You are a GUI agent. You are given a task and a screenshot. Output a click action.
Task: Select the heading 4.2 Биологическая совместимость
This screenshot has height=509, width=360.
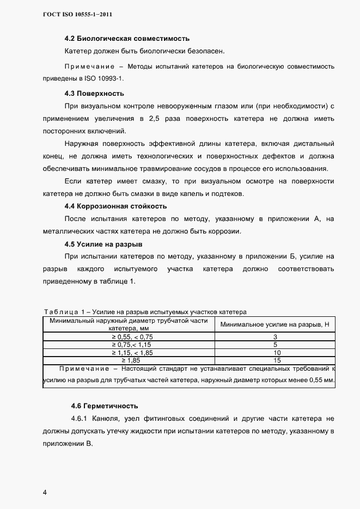(x=126, y=39)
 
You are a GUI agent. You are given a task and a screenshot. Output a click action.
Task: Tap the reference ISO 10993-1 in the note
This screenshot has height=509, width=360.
(x=112, y=78)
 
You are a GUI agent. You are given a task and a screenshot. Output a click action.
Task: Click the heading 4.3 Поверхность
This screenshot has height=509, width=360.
(x=94, y=93)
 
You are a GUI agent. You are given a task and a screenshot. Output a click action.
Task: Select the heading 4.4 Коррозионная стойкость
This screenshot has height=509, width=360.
(x=123, y=206)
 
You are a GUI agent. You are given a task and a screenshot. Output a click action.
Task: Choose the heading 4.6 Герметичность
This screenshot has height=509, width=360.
(x=105, y=406)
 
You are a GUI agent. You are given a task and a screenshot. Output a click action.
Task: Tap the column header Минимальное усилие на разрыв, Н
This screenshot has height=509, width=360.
(x=276, y=325)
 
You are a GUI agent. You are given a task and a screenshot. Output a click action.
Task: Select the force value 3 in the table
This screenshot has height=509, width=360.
(x=276, y=337)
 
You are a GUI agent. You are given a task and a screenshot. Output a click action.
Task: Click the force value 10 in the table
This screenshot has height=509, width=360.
(x=276, y=352)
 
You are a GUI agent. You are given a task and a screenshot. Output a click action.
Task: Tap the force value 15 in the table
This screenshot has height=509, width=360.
(x=276, y=360)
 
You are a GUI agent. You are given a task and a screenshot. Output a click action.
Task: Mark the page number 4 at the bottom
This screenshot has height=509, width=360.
(x=45, y=493)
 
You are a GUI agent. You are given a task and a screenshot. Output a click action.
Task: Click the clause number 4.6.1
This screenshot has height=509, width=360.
(x=81, y=419)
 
